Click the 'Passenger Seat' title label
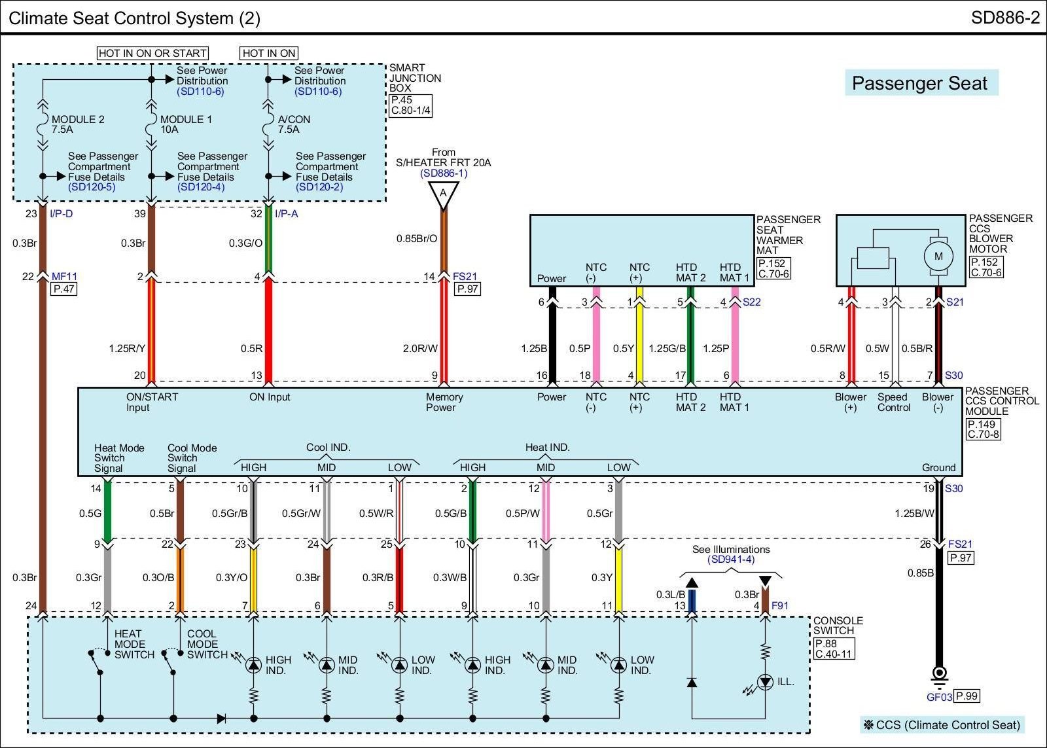pyautogui.click(x=919, y=84)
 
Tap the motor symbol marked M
pyautogui.click(x=938, y=256)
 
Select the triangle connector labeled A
pyautogui.click(x=443, y=194)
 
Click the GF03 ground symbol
pyautogui.click(x=939, y=674)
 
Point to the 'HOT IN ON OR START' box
pyautogui.click(x=152, y=53)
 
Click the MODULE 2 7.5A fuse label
pyautogui.click(x=78, y=124)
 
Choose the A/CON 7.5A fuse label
pyautogui.click(x=294, y=124)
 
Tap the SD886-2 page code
pyautogui.click(x=1005, y=18)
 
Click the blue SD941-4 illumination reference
pyautogui.click(x=731, y=560)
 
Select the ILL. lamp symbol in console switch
pyautogui.click(x=765, y=682)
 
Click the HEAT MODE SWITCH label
pyautogui.click(x=134, y=644)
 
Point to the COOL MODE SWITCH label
pyautogui.click(x=207, y=644)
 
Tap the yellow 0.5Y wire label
pyautogui.click(x=624, y=349)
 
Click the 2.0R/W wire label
pyautogui.click(x=420, y=349)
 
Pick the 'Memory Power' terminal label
pyautogui.click(x=444, y=402)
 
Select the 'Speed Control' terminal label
pyautogui.click(x=893, y=402)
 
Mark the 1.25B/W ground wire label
pyautogui.click(x=914, y=514)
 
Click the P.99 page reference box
pyautogui.click(x=967, y=696)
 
